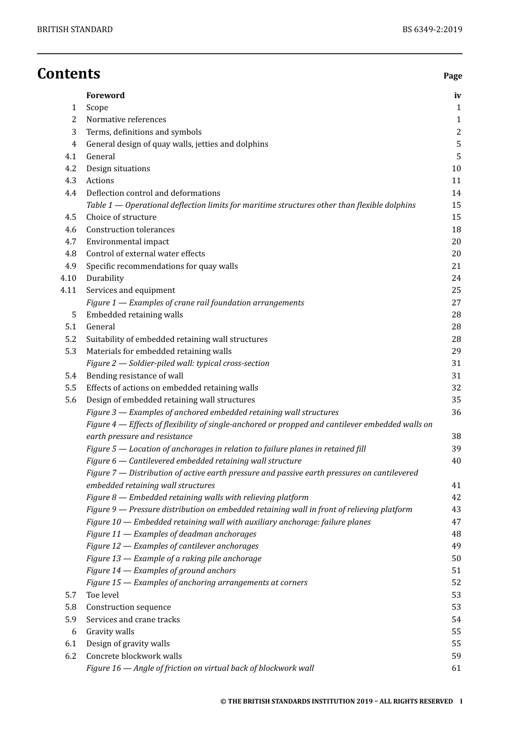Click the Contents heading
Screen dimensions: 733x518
click(69, 74)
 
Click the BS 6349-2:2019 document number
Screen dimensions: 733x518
click(432, 29)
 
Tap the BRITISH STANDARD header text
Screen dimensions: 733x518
click(75, 29)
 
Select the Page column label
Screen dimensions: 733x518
click(453, 76)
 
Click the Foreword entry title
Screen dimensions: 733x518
click(105, 95)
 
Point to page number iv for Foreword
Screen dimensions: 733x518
click(457, 95)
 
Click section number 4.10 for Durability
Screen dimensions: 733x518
click(69, 278)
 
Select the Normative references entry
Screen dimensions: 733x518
click(126, 119)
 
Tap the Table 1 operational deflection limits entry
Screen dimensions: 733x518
click(251, 205)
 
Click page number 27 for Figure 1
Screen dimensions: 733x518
click(456, 303)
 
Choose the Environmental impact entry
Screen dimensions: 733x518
click(128, 242)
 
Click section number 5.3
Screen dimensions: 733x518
click(71, 351)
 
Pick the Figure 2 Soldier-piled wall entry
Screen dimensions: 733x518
click(178, 363)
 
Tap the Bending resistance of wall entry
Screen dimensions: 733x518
click(135, 376)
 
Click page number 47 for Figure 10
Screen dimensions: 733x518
click(456, 522)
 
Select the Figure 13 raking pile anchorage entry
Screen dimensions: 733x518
click(174, 558)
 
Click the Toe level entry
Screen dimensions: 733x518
click(103, 595)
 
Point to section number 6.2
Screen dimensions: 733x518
click(71, 656)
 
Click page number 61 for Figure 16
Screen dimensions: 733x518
click(456, 668)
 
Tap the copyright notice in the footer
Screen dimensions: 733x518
click(336, 701)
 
